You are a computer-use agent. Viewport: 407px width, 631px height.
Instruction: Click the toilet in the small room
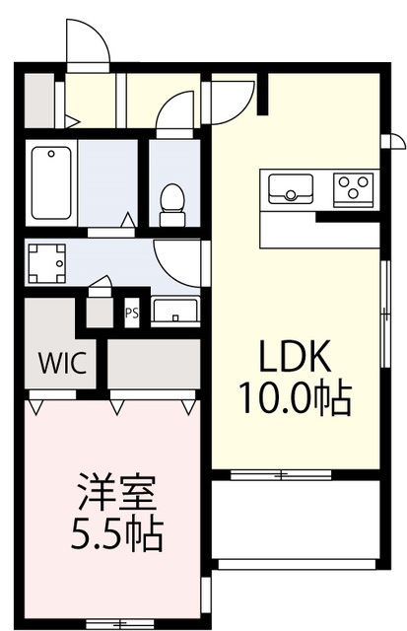point(172,205)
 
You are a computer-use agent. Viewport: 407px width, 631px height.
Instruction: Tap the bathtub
point(51,182)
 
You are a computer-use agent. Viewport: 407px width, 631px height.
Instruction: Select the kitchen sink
point(291,188)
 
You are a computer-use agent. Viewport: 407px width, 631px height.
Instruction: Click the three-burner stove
point(354,189)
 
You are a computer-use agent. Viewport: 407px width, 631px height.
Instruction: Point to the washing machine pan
point(46,263)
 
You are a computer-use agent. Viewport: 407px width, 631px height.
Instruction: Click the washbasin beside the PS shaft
point(175,310)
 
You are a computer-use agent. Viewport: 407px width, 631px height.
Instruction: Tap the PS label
point(131,313)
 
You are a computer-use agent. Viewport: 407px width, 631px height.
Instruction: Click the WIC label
point(62,363)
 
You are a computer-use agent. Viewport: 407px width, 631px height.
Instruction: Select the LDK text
point(296,356)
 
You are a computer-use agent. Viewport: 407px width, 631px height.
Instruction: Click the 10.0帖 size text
point(296,398)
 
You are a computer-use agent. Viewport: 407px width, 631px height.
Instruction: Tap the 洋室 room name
point(116,492)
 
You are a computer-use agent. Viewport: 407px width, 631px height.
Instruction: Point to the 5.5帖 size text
point(116,534)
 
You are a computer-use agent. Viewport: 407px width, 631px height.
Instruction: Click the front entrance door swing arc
point(88,40)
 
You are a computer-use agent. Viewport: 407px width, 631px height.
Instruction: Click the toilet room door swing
point(175,109)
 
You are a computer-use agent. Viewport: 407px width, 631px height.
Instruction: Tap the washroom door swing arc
point(177,264)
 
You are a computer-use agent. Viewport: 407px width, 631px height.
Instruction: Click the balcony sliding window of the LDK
point(281,475)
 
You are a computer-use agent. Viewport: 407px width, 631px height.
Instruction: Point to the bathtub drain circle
point(51,154)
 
